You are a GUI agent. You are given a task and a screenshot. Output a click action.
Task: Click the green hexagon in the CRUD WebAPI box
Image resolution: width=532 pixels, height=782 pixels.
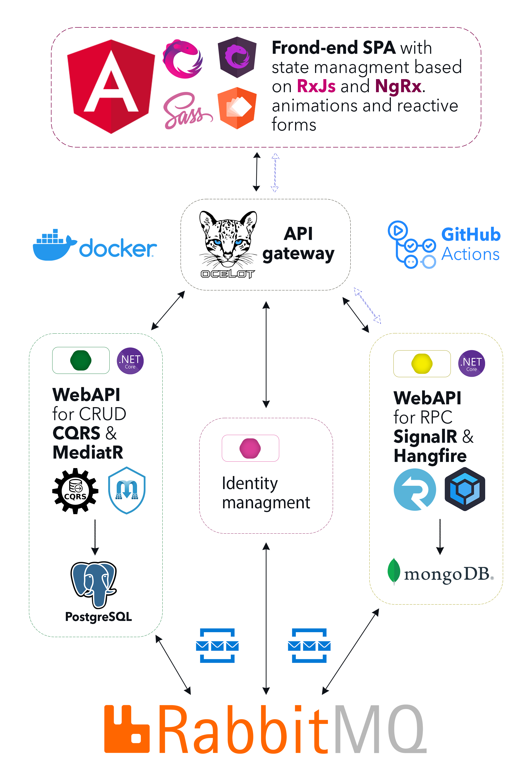81,360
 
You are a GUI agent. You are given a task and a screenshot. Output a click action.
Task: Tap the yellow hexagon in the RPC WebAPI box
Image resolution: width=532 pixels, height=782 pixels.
422,364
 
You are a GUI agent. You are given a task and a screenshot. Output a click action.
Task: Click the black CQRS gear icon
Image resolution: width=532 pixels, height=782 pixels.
75,491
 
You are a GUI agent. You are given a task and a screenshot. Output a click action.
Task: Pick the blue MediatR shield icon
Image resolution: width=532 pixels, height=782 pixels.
127,490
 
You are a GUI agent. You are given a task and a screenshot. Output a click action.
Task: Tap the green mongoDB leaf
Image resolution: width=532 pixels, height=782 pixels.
393,571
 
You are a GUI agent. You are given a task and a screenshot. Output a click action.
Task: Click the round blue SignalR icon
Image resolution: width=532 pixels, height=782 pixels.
415,489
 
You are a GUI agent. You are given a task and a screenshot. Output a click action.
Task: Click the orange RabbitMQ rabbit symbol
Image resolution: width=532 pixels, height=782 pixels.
127,729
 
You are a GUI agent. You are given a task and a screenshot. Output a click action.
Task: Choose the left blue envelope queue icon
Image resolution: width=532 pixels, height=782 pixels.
217,645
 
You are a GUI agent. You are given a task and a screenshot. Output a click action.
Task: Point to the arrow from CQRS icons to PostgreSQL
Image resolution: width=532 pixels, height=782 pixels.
95,537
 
